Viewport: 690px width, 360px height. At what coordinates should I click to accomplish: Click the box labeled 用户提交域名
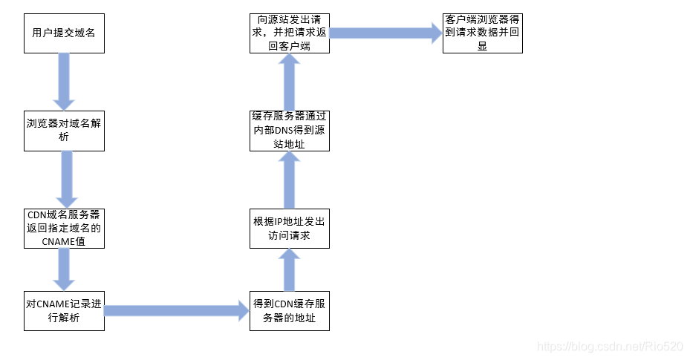pos(64,33)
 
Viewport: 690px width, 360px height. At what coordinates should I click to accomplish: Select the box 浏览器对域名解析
pos(64,131)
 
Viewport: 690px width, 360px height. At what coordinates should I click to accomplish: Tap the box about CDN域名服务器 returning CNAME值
pos(64,229)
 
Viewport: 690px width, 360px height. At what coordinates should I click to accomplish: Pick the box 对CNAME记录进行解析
pos(64,310)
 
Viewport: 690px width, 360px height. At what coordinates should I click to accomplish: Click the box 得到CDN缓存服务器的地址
pos(289,310)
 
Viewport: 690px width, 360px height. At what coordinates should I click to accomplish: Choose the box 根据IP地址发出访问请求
pos(289,229)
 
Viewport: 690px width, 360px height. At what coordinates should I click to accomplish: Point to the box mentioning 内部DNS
pos(289,131)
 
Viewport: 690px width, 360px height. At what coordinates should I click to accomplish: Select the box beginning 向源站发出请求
pos(289,33)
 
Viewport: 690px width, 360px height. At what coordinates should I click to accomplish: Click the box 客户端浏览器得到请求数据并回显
pos(482,33)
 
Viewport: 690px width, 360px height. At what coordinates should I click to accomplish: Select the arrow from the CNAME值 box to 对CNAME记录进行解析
pos(63,269)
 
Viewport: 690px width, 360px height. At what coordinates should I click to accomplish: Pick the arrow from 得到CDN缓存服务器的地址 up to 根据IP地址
pos(289,269)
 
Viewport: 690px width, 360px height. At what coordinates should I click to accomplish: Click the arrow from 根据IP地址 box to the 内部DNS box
pos(289,180)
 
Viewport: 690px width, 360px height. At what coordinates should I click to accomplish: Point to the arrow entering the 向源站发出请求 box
pos(289,82)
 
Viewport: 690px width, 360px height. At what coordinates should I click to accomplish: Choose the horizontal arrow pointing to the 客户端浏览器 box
pos(385,33)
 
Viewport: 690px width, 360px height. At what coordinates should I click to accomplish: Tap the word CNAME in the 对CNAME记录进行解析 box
pos(52,304)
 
